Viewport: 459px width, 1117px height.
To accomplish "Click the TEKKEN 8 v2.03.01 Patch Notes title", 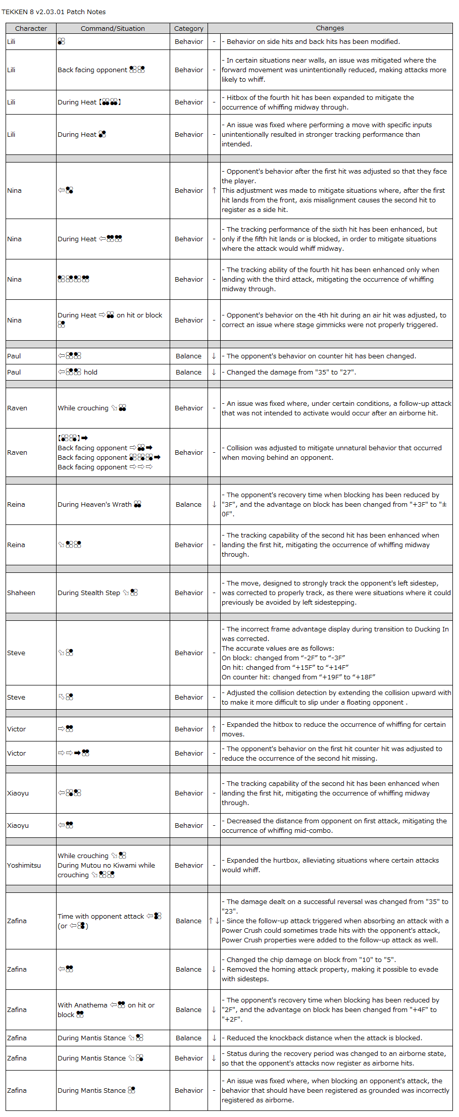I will click(x=54, y=12).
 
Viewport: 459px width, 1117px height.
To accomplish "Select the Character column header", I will click(x=31, y=28).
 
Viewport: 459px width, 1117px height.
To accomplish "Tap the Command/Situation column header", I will click(x=113, y=28).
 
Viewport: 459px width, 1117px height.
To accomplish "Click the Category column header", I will click(x=188, y=28).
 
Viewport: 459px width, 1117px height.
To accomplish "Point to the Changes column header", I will click(x=330, y=28).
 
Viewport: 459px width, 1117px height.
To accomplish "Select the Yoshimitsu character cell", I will click(x=24, y=865).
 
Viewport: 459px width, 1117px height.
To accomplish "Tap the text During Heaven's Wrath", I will click(x=94, y=504).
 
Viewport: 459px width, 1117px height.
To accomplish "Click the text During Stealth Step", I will click(x=89, y=593).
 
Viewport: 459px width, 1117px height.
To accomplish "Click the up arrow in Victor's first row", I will click(x=214, y=729).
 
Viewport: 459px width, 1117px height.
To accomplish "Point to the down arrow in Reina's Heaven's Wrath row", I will click(x=214, y=504).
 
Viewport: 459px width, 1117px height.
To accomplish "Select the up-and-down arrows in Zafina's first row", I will click(x=214, y=921).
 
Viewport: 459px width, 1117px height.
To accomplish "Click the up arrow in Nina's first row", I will click(x=214, y=190).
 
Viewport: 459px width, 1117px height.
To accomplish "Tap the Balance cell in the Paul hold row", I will click(x=188, y=372).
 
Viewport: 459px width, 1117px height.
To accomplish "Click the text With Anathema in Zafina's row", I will click(x=82, y=1005).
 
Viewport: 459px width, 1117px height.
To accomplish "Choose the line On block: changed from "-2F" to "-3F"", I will click(x=283, y=658).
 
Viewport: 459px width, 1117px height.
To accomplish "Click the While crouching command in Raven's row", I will click(x=83, y=408).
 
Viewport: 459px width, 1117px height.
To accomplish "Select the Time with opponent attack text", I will click(x=101, y=916).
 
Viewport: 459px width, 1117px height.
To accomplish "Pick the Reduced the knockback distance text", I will click(x=324, y=1038).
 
